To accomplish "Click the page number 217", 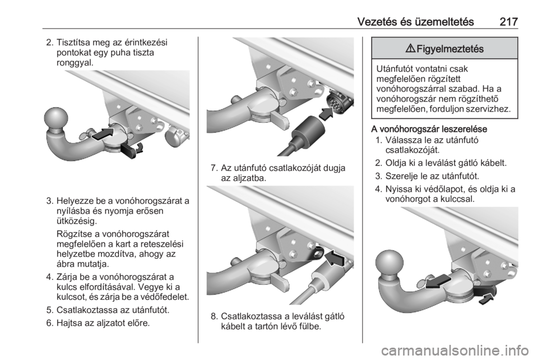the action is pyautogui.click(x=508, y=22).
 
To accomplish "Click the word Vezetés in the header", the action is pyautogui.click(x=377, y=22).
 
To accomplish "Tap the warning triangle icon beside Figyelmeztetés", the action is pyautogui.click(x=410, y=49).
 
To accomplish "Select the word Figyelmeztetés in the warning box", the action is pyautogui.click(x=450, y=49).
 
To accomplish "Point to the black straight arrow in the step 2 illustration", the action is pyautogui.click(x=103, y=134).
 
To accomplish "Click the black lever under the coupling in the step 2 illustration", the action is pyautogui.click(x=128, y=151).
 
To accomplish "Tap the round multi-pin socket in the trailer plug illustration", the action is pyautogui.click(x=337, y=101).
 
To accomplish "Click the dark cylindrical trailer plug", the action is pyautogui.click(x=308, y=131).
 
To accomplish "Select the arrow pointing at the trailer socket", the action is pyautogui.click(x=326, y=114).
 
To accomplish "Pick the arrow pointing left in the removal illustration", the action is pyautogui.click(x=438, y=281).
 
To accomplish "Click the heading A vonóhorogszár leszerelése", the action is pyautogui.click(x=429, y=129).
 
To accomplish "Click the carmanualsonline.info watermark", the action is pyautogui.click(x=454, y=350).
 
